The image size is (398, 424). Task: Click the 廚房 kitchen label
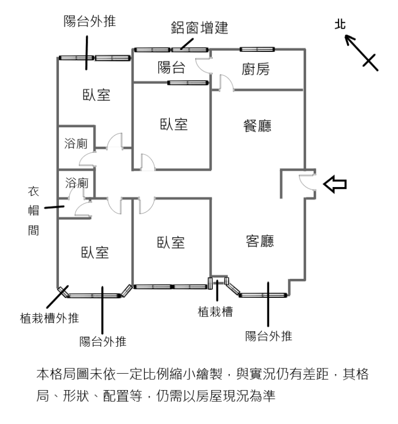(255, 69)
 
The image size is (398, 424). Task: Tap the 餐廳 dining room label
(257, 126)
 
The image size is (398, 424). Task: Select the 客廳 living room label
(259, 241)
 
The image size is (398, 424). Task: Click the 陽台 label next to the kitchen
(171, 67)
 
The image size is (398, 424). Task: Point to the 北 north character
(340, 24)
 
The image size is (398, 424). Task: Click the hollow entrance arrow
(335, 184)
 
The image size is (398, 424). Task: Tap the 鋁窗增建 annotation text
(200, 28)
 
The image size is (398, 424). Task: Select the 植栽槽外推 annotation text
(49, 318)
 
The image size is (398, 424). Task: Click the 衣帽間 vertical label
(33, 210)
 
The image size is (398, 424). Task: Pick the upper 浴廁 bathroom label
(76, 144)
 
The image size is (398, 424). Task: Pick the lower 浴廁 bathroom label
(76, 183)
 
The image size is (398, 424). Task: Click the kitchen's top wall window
(257, 49)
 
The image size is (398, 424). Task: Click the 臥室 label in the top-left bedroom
(97, 95)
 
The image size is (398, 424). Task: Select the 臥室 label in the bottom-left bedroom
(95, 253)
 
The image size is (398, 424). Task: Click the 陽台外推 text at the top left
(90, 21)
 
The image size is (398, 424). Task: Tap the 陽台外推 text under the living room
(269, 336)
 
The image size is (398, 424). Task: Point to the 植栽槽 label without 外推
(215, 312)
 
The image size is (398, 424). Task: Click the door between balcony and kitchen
(203, 65)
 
